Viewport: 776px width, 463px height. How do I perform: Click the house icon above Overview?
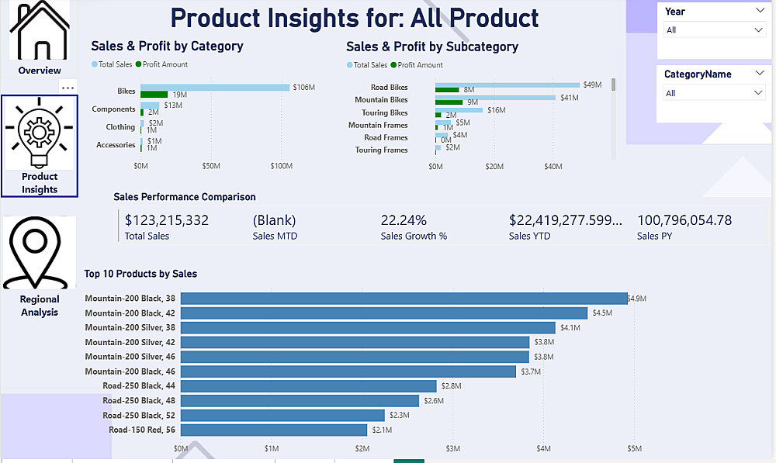point(40,32)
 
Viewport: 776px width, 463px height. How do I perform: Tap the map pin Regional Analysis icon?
point(39,253)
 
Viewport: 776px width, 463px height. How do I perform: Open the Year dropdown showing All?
point(715,29)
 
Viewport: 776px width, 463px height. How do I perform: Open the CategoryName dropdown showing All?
point(715,93)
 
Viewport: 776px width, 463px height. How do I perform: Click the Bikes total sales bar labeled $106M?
point(215,88)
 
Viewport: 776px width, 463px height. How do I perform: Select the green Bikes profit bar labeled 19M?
point(154,95)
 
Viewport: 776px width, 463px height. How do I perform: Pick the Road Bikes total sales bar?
point(508,85)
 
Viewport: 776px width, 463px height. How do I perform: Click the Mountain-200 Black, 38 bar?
point(404,299)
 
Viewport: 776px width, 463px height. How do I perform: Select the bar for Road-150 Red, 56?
point(273,430)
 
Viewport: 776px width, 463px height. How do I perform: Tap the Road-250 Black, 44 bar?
point(308,386)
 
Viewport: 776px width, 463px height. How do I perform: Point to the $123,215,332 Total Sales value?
point(166,220)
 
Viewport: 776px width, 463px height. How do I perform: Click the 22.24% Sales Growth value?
point(404,220)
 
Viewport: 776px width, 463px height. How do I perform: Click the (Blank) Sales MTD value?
point(274,220)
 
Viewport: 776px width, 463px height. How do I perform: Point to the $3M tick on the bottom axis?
point(453,448)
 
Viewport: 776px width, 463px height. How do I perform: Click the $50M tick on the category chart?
point(211,166)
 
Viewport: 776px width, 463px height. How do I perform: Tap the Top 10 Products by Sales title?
point(140,274)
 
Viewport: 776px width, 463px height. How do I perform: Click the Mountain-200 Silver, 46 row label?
point(130,357)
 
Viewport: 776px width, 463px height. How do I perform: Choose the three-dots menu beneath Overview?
point(68,88)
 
